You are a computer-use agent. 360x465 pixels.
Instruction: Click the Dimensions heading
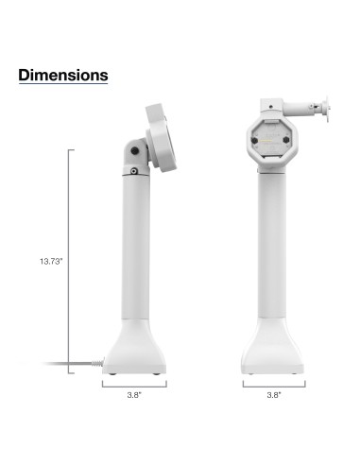tap(62, 74)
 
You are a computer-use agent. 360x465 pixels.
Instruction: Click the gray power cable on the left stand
tap(71, 366)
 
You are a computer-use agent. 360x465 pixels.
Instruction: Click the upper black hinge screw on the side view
tap(139, 150)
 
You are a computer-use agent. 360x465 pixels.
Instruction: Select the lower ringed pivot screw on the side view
tap(134, 171)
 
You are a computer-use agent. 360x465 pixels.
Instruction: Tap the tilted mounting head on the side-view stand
tap(155, 137)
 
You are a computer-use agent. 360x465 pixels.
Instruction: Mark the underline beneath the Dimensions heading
tap(62, 84)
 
